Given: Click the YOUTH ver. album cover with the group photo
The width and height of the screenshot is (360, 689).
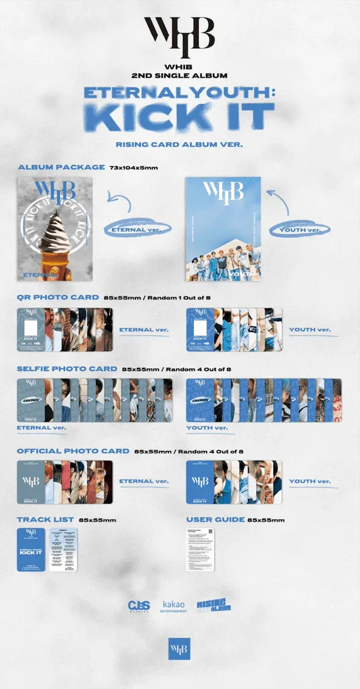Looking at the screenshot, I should (x=223, y=229).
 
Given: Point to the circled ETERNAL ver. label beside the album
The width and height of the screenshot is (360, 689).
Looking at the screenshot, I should (x=137, y=229).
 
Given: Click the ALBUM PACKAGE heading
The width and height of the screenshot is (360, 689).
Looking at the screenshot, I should (x=61, y=166).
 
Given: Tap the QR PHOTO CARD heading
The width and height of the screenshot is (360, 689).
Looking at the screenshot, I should (x=58, y=297).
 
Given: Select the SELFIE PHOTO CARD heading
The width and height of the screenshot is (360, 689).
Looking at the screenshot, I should (x=67, y=368).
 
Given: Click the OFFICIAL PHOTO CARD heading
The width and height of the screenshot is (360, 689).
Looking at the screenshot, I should (x=73, y=450).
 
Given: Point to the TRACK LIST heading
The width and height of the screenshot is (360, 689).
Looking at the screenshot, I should (x=46, y=519).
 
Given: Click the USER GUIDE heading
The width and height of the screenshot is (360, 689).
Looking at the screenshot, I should (x=216, y=519).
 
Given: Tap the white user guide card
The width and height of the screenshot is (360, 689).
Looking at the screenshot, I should (x=201, y=549).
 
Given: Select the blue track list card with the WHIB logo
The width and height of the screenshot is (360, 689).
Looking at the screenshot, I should (x=31, y=549).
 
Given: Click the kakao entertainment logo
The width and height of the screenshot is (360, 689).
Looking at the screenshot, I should (x=175, y=606).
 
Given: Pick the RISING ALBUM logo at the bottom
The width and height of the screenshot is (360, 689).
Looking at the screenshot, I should (x=214, y=605).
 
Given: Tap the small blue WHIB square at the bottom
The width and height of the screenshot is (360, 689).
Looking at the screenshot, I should (x=179, y=649).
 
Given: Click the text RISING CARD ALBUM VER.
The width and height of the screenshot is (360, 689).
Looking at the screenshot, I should (x=179, y=144).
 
